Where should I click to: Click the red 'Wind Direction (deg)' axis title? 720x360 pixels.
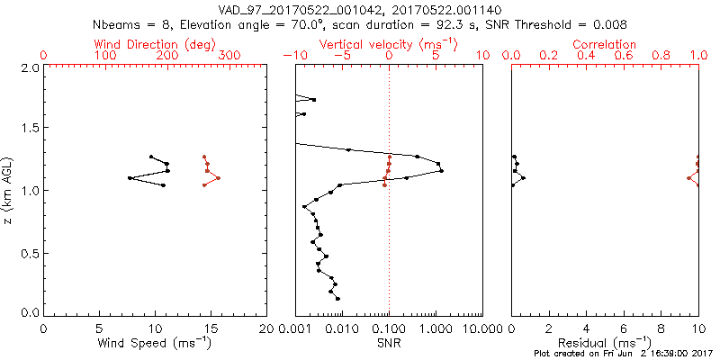pos(156,44)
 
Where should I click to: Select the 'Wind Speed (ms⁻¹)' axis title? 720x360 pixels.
pos(156,343)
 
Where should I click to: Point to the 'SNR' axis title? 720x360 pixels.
pos(389,343)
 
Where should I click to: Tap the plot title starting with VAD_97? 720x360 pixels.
pos(359,8)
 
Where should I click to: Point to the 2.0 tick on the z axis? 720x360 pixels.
pos(30,67)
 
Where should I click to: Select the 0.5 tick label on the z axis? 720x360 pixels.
pos(30,253)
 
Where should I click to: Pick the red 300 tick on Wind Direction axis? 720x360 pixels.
pos(229,56)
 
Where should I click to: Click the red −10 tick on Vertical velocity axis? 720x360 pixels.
pos(292,56)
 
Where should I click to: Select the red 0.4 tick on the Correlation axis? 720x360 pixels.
pos(586,56)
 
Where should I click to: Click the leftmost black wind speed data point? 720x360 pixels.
pos(130,178)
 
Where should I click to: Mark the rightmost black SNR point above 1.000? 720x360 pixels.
pos(441,171)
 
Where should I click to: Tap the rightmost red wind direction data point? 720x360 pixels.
pos(217,178)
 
